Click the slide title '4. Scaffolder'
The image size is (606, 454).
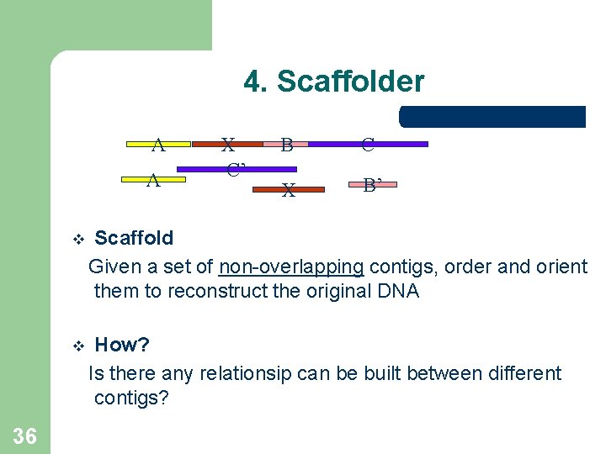pyautogui.click(x=334, y=82)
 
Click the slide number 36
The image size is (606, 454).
pyautogui.click(x=25, y=435)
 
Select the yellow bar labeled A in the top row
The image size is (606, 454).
pyautogui.click(x=158, y=145)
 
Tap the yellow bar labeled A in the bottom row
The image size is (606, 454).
pyautogui.click(x=153, y=179)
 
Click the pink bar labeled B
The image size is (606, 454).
pyautogui.click(x=286, y=145)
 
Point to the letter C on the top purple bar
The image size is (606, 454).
pyautogui.click(x=368, y=145)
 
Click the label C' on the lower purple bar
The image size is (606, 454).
pyautogui.click(x=235, y=169)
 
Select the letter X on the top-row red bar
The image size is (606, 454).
pyautogui.click(x=227, y=144)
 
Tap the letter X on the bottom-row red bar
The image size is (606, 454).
pyautogui.click(x=289, y=191)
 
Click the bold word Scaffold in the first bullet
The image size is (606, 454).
pyautogui.click(x=134, y=238)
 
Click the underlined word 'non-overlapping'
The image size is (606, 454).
pyautogui.click(x=291, y=267)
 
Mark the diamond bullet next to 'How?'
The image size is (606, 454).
pyautogui.click(x=78, y=346)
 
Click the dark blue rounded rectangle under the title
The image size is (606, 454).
pyautogui.click(x=492, y=117)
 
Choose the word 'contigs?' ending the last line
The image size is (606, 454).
pyautogui.click(x=131, y=398)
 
